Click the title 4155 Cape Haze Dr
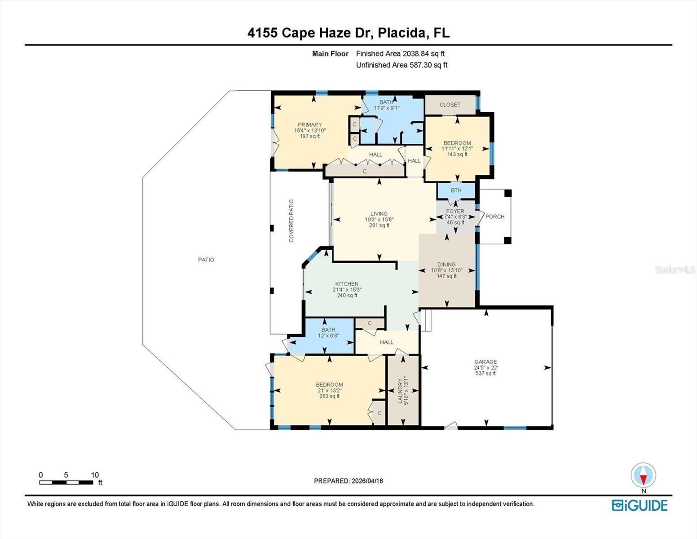[348, 33]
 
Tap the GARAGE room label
[485, 362]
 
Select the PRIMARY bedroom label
[309, 125]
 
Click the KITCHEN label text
[347, 284]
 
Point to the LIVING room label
[379, 214]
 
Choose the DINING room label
[446, 265]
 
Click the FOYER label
[455, 211]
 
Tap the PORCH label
[495, 216]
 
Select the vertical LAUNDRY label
[400, 391]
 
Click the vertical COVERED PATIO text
[291, 221]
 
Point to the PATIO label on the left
[206, 260]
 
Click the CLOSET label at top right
[450, 105]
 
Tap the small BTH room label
[456, 190]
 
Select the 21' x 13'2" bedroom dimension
[329, 390]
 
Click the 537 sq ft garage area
[485, 373]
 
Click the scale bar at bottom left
[66, 482]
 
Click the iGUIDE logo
[640, 505]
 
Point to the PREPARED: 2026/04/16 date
[348, 481]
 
